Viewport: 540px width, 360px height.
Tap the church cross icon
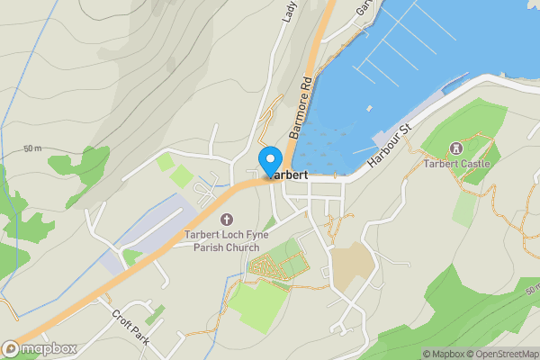(225, 219)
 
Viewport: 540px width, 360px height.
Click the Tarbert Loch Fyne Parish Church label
(221, 241)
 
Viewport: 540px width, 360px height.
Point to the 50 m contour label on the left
(33, 148)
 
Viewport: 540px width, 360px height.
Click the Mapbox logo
(40, 348)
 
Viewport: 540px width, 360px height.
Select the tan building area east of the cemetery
(352, 263)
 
